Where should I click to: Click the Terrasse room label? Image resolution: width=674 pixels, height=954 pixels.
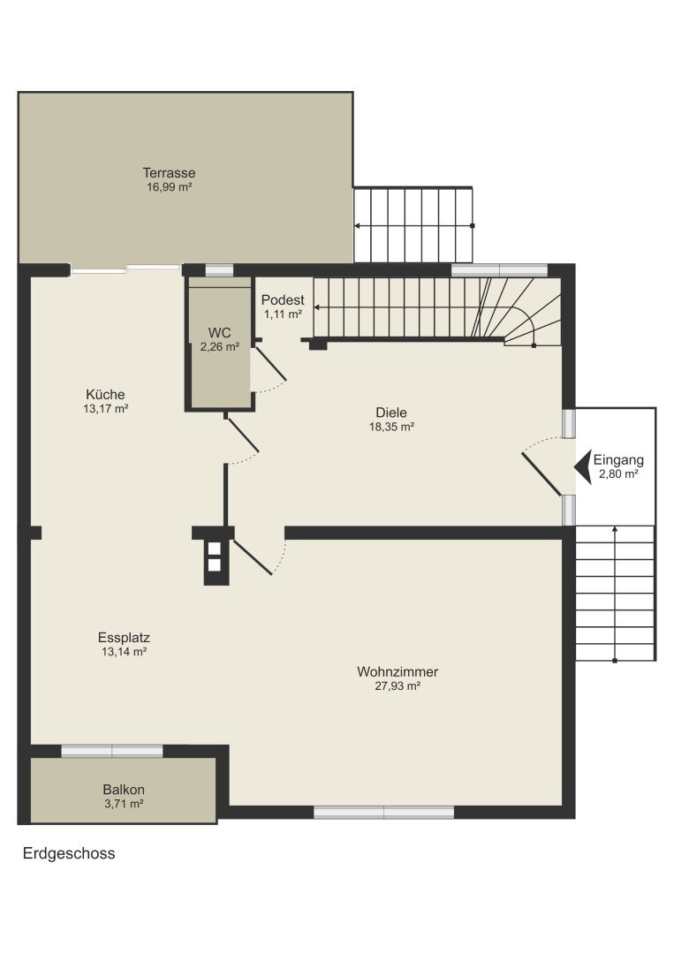pos(169,173)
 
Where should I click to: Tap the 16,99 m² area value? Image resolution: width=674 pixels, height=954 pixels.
pos(169,187)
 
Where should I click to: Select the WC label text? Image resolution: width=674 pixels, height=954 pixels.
pos(220,332)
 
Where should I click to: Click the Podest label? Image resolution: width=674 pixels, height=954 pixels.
pos(283,300)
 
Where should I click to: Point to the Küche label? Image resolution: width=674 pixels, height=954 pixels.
pos(105,394)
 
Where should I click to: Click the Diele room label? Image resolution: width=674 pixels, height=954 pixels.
pos(392,412)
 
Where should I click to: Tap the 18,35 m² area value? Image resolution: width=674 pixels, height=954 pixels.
pos(392,427)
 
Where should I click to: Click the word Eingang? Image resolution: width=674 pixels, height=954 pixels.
pos(618,459)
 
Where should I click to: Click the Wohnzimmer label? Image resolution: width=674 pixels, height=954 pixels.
pos(398,671)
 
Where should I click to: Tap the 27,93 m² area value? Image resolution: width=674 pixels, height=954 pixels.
pos(398,686)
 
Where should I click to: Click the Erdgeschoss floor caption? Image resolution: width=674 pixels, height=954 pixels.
pos(69,853)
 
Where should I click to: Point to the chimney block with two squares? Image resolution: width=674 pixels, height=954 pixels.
pos(215,556)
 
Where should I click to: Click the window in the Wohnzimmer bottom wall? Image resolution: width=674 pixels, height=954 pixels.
pos(384,812)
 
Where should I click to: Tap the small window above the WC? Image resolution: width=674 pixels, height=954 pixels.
pos(219,270)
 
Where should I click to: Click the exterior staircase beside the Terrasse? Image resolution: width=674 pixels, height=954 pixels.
pos(413,225)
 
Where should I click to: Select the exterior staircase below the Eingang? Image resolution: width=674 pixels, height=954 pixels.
pos(615,594)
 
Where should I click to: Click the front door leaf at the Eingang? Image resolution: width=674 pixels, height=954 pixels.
pos(541,473)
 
